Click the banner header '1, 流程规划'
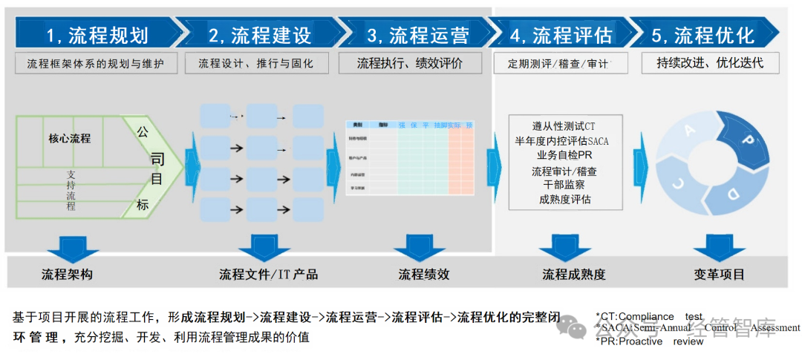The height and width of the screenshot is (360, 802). tap(97, 34)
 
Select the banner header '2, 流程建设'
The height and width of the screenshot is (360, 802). tap(259, 34)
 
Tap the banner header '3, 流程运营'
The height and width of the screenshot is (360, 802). tap(417, 34)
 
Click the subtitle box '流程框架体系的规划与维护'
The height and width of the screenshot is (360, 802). tap(97, 63)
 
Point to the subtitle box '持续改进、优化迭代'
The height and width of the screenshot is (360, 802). tap(710, 62)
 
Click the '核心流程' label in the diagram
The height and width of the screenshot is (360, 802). tap(70, 138)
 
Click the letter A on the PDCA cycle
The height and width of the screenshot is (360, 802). tap(690, 131)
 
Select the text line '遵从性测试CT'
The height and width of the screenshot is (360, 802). tap(564, 126)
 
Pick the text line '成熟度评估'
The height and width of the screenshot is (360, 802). tap(564, 199)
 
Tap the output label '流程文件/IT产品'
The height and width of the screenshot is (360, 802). tap(268, 274)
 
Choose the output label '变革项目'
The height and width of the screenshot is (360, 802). tap(719, 274)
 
